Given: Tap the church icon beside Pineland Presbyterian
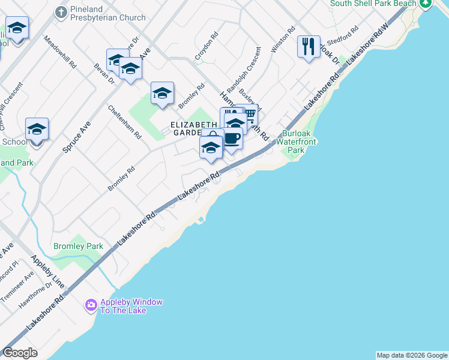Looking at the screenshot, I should coord(61,11).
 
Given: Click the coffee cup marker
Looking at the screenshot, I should coord(232,139).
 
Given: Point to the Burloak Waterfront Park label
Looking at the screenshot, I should coord(300,142).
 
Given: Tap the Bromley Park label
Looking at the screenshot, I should coord(78,246).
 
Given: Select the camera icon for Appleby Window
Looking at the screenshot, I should coord(91,305).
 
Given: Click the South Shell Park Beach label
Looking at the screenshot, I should coord(373,4).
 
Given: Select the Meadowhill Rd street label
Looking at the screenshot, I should coord(60,50).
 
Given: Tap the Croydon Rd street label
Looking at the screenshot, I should coord(205,49).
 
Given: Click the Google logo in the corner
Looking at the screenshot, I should coord(20,352).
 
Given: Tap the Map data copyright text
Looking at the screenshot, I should coord(412,355).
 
